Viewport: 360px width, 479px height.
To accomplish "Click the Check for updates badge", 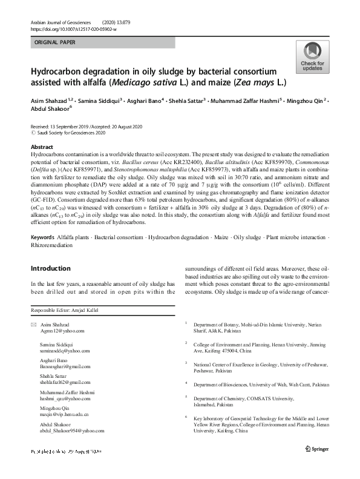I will coord(312,58).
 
